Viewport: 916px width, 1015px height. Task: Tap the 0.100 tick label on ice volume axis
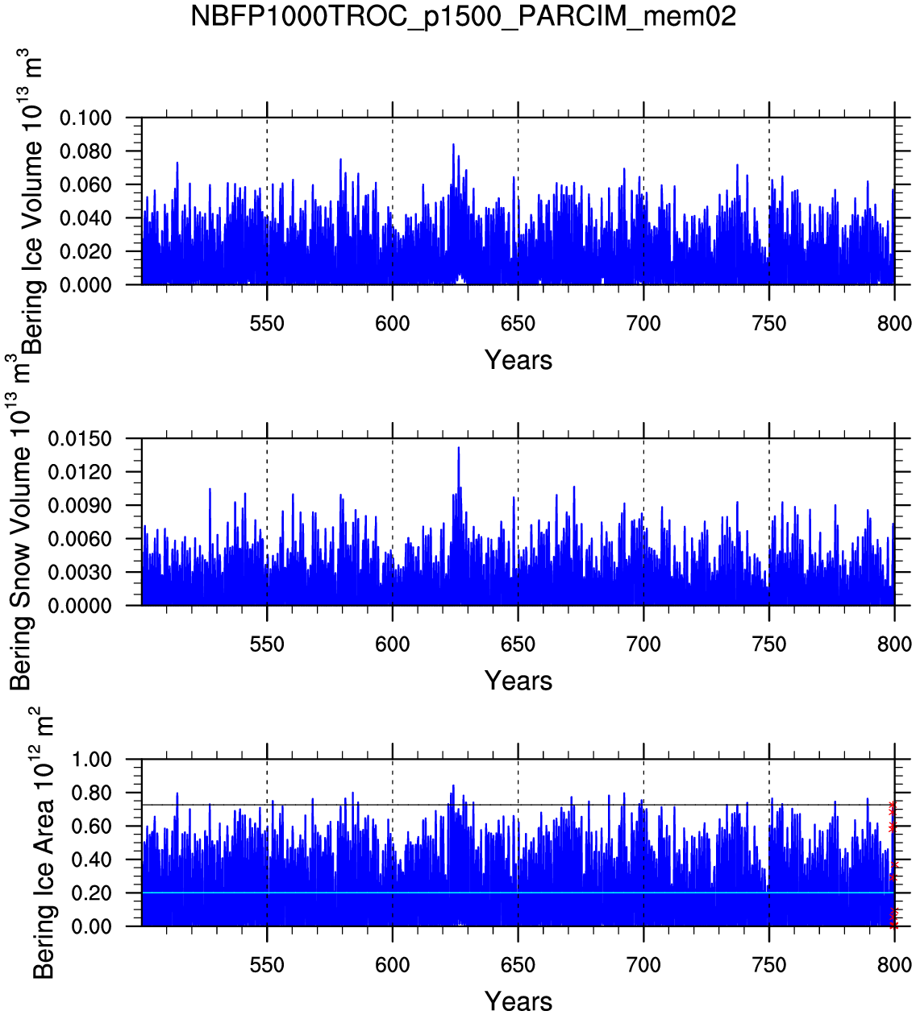click(85, 118)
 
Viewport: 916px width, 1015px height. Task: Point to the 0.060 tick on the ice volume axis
click(85, 185)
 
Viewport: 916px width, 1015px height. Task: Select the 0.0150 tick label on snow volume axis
click(80, 439)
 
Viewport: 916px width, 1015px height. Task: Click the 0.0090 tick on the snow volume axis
click(80, 506)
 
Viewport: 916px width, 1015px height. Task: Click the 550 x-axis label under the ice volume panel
click(267, 324)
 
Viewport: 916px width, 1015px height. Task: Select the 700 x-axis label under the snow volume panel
click(643, 644)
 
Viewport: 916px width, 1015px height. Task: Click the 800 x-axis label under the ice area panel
click(894, 965)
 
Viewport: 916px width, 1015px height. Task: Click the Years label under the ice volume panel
click(518, 360)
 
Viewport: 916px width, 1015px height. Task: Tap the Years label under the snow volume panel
click(518, 681)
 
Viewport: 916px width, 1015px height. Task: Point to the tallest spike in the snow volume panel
click(459, 448)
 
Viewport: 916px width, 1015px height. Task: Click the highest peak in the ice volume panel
click(453, 145)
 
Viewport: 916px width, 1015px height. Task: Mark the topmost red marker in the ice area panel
click(892, 805)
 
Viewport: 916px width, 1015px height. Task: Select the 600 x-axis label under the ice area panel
click(393, 965)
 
